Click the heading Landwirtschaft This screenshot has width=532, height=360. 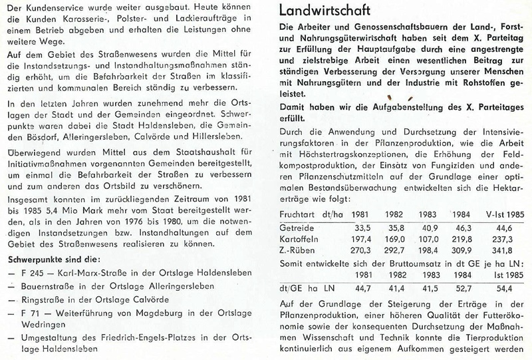click(327, 11)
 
